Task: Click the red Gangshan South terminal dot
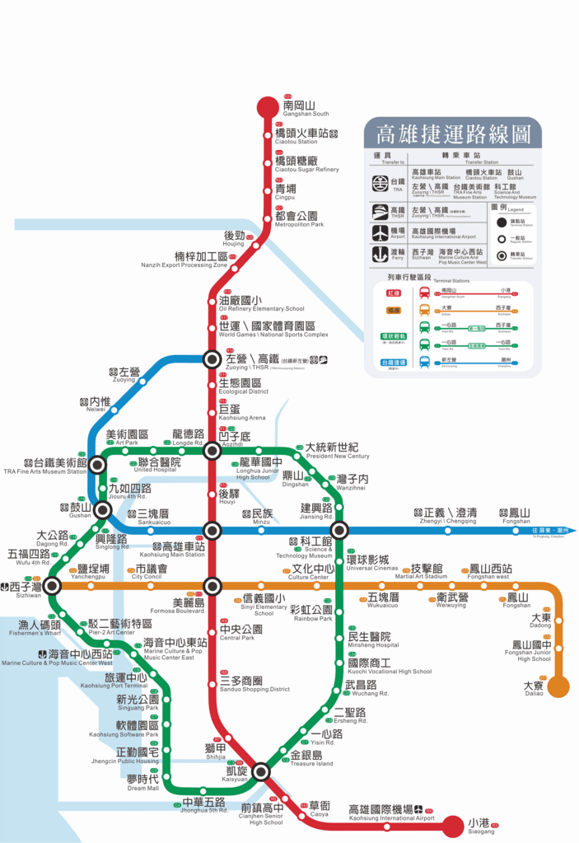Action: pos(268,107)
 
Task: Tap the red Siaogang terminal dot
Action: pos(453,825)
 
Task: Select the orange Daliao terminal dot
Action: pos(558,686)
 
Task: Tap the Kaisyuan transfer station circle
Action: pos(261,772)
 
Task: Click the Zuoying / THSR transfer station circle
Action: pos(212,358)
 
